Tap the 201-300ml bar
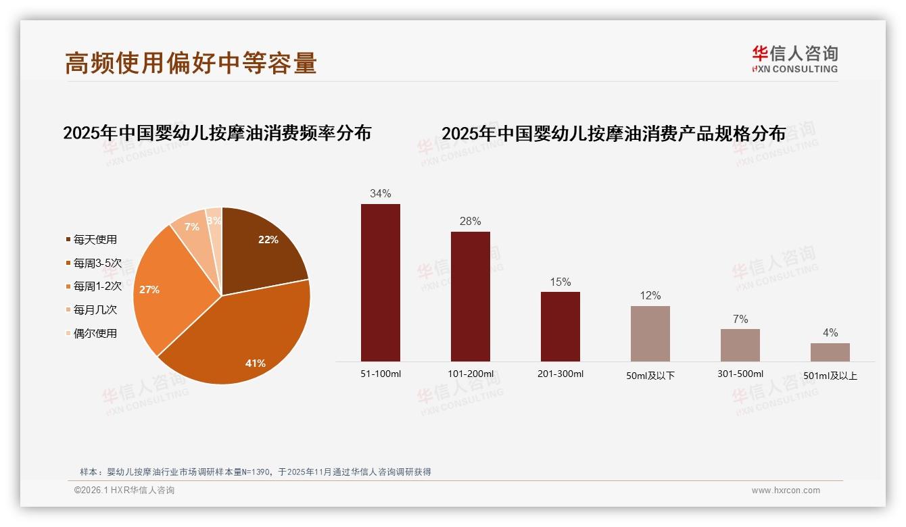click(x=560, y=326)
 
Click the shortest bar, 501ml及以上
click(x=830, y=352)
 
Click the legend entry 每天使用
click(x=95, y=239)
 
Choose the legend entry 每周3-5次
click(x=97, y=263)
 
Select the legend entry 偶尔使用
click(x=95, y=333)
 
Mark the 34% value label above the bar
click(x=380, y=194)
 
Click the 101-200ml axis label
click(x=470, y=374)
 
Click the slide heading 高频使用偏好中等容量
click(x=191, y=64)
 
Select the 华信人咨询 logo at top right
click(x=794, y=59)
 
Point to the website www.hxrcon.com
click(x=786, y=491)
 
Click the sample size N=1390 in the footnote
click(x=253, y=472)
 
